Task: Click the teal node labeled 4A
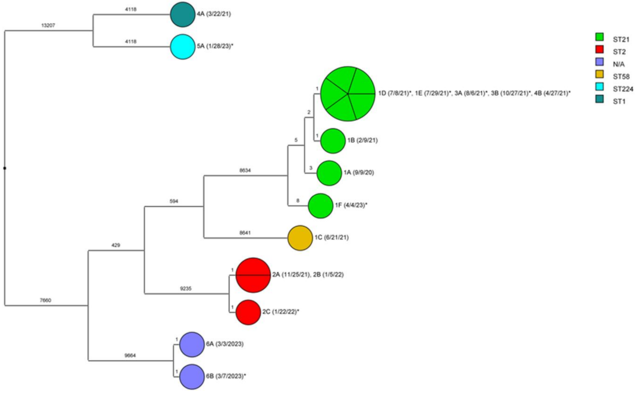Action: (182, 15)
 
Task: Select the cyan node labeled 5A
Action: (182, 46)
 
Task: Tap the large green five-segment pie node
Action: (348, 94)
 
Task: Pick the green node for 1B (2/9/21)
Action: (333, 141)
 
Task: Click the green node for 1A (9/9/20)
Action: (329, 173)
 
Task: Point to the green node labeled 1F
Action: (320, 206)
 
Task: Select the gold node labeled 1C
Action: (300, 238)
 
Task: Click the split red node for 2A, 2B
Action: (253, 276)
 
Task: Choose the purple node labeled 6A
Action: (192, 345)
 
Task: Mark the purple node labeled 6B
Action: (192, 377)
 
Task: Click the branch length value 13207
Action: (48, 26)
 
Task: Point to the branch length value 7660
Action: (45, 301)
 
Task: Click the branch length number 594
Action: (174, 202)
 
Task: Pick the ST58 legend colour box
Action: (601, 76)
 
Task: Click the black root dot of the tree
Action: (5, 168)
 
